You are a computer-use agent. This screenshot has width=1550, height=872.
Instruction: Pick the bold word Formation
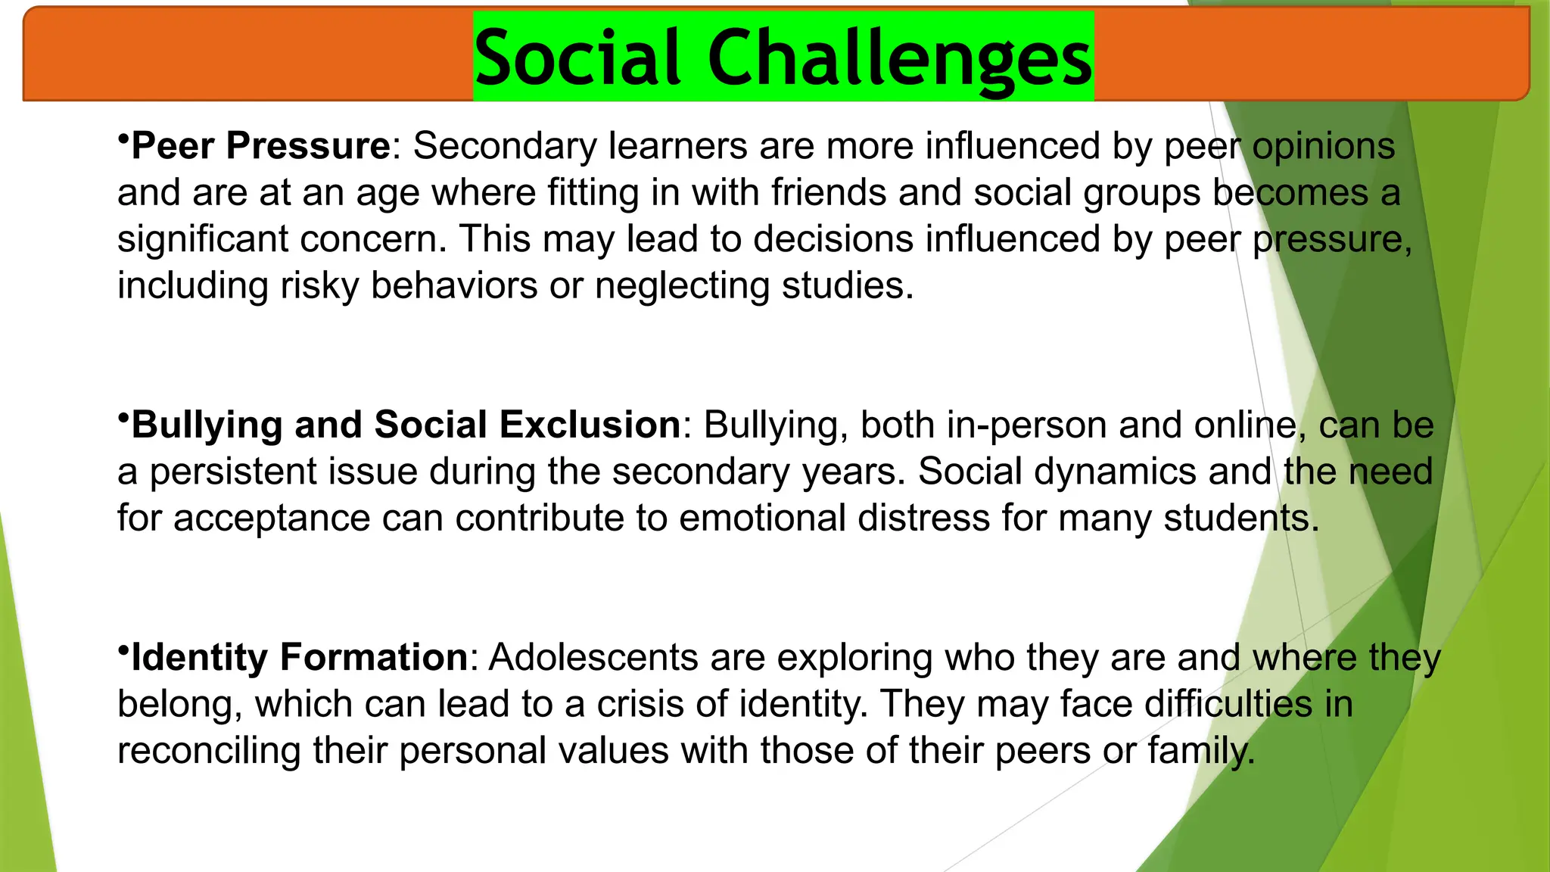(374, 657)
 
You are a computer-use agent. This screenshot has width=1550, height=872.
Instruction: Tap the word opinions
(1323, 145)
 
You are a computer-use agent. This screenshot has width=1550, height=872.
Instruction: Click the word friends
(829, 192)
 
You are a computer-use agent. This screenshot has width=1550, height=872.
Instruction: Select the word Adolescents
(593, 657)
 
